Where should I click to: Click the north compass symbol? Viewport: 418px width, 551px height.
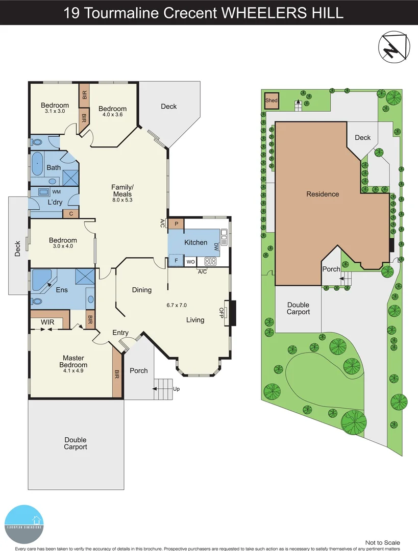pyautogui.click(x=394, y=47)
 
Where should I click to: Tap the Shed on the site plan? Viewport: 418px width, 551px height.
pyautogui.click(x=272, y=101)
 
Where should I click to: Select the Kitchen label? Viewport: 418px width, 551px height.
pyautogui.click(x=196, y=242)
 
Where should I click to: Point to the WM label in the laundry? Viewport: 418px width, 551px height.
pyautogui.click(x=56, y=192)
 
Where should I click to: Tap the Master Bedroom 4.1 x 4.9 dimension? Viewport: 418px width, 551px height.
pyautogui.click(x=73, y=371)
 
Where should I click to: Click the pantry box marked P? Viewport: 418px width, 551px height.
pyautogui.click(x=176, y=224)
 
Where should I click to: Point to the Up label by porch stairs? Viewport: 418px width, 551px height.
pyautogui.click(x=177, y=389)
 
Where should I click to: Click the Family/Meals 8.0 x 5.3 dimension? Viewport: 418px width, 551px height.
pyautogui.click(x=121, y=200)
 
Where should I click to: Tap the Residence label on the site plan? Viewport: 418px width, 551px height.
pyautogui.click(x=323, y=194)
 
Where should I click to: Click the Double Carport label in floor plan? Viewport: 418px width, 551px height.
pyautogui.click(x=76, y=443)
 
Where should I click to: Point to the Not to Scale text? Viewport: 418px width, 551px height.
pyautogui.click(x=383, y=542)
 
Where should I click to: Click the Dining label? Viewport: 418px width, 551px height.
pyautogui.click(x=142, y=290)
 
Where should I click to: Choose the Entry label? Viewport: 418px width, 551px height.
pyautogui.click(x=120, y=333)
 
